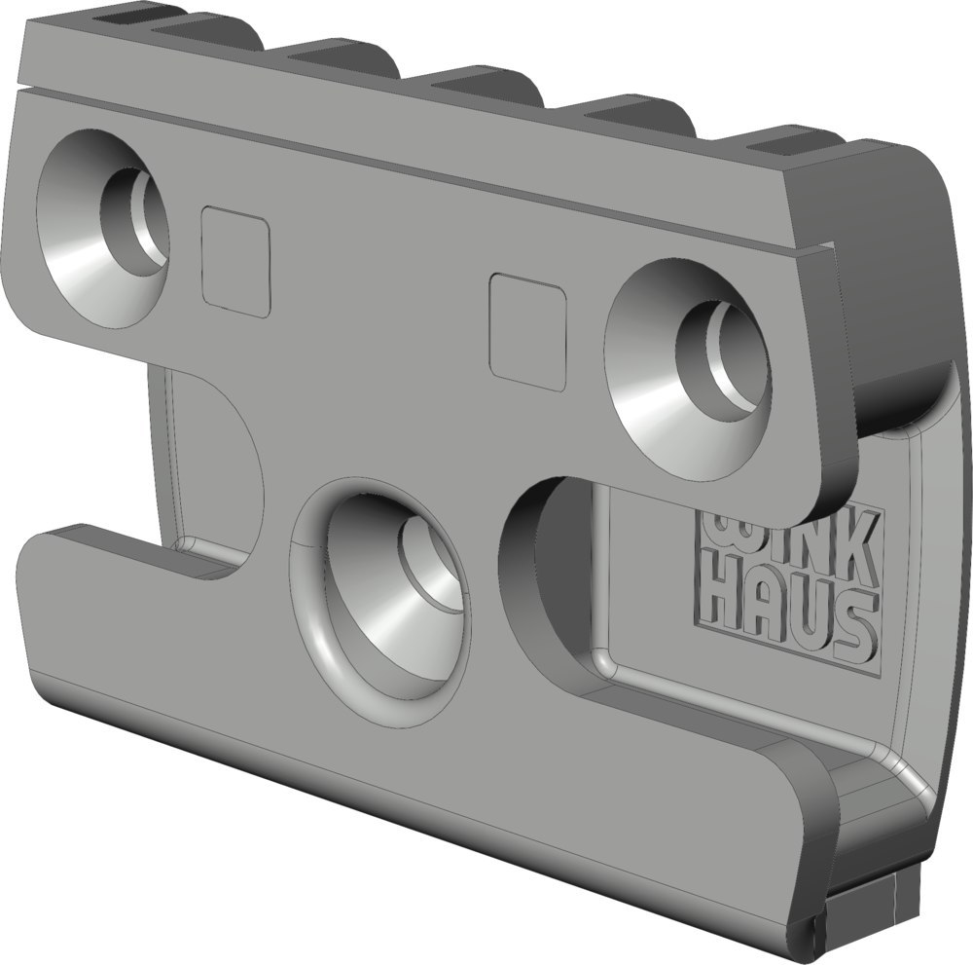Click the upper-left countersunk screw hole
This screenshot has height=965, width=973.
point(104,229)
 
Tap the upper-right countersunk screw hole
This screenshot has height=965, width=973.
point(690,371)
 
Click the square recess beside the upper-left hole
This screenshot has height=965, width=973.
point(236,263)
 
